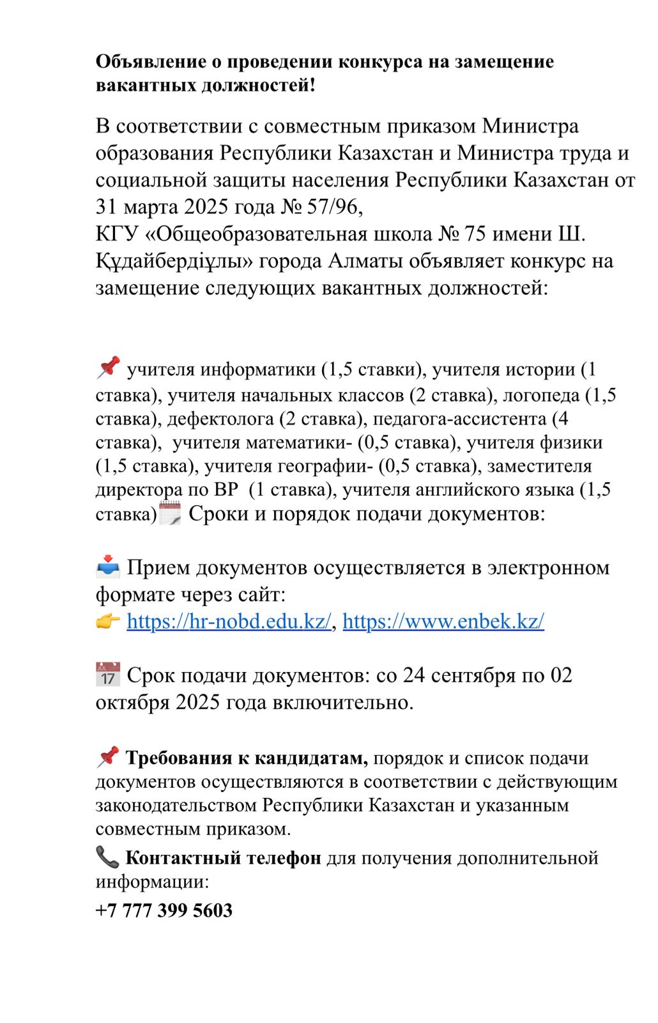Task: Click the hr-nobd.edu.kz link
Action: click(x=229, y=621)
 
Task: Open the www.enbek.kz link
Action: click(x=443, y=621)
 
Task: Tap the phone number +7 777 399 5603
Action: click(x=164, y=910)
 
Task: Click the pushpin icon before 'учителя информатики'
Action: click(x=108, y=368)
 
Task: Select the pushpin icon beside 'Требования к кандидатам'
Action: click(x=108, y=756)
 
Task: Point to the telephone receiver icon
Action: click(x=107, y=857)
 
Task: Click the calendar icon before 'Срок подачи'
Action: click(x=107, y=675)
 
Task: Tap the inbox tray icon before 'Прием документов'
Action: click(x=108, y=566)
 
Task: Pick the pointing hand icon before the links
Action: click(x=108, y=621)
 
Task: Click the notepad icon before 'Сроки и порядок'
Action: click(x=171, y=513)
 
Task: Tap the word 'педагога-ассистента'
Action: click(x=459, y=419)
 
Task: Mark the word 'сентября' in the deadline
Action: click(x=473, y=675)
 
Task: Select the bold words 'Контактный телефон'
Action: click(x=223, y=858)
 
